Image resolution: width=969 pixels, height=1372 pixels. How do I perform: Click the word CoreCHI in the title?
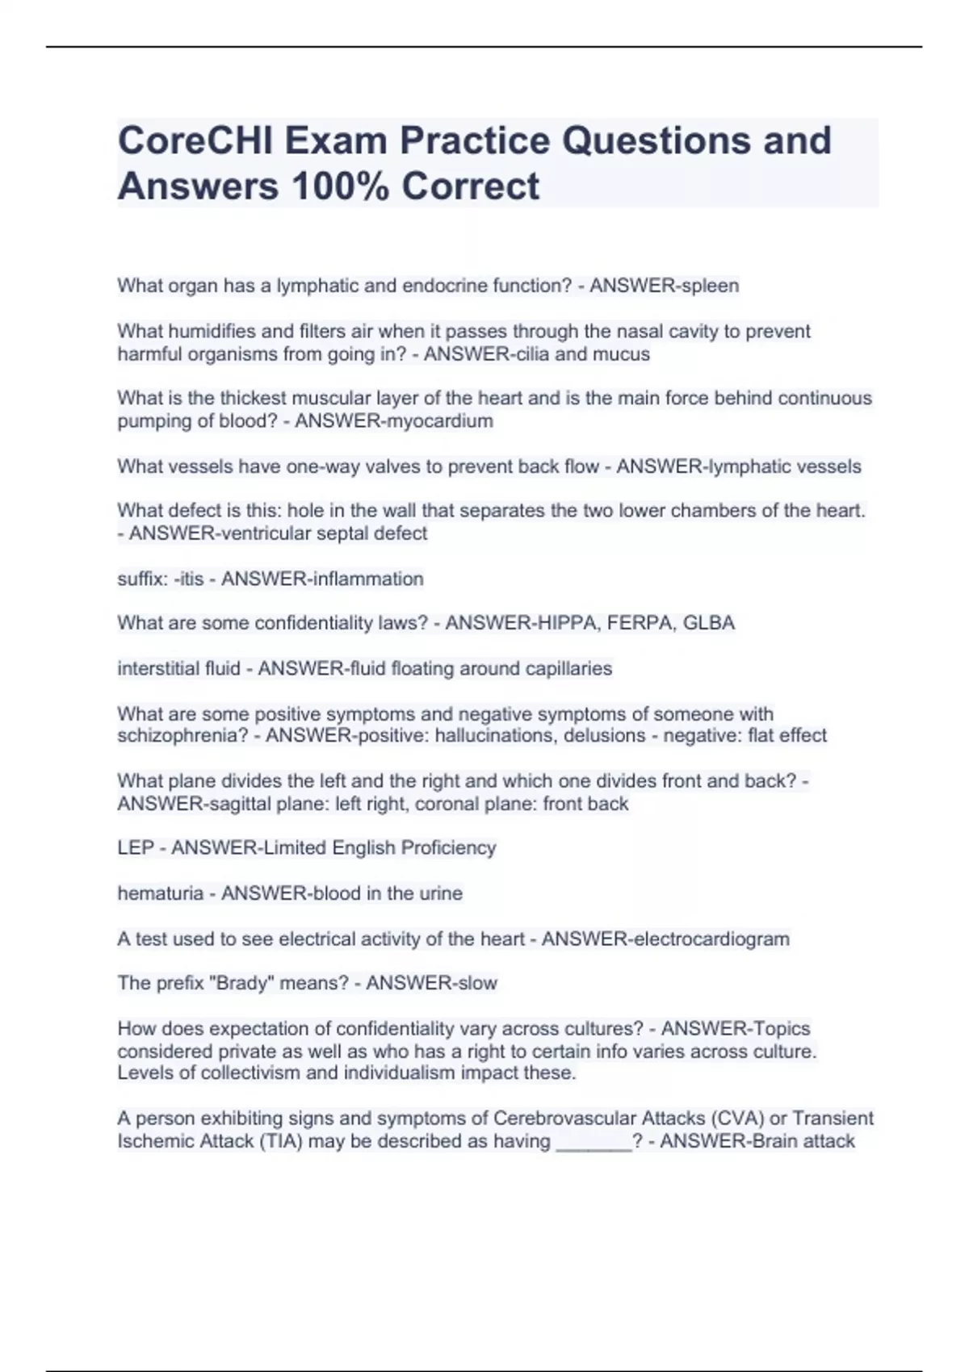point(192,140)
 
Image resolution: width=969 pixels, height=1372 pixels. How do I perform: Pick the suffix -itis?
point(188,579)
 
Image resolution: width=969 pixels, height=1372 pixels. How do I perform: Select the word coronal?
point(438,803)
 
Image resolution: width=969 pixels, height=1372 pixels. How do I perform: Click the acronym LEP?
point(135,847)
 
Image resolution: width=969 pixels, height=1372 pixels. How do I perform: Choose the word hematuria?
point(160,893)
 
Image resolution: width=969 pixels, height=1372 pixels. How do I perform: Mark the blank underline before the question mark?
point(594,1141)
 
